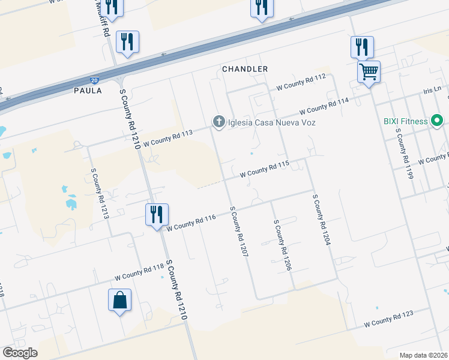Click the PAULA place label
click(88, 91)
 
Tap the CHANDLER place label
click(245, 69)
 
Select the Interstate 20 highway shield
click(94, 79)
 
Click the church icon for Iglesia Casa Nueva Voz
click(218, 122)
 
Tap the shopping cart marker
click(369, 72)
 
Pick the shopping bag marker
click(119, 299)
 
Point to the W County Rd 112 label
click(301, 82)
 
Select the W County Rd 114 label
click(324, 106)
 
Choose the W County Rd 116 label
click(191, 223)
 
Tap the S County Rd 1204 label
click(322, 219)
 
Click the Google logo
click(20, 353)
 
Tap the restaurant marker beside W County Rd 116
click(157, 215)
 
